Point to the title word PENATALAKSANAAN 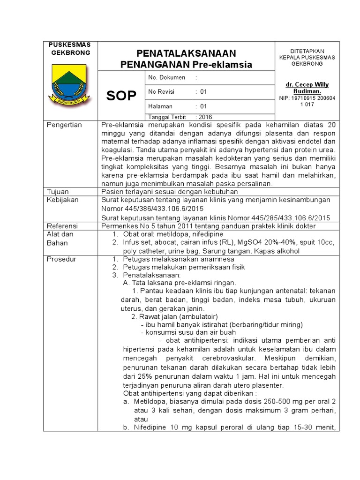[x=186, y=53]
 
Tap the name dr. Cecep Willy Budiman [x=307, y=88]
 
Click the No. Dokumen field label [x=166, y=77]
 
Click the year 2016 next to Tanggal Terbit [x=206, y=117]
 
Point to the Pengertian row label [x=65, y=125]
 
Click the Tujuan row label [x=58, y=192]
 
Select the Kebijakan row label [x=63, y=200]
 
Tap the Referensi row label [x=63, y=226]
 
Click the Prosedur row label [x=61, y=259]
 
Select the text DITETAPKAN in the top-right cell [x=307, y=51]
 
